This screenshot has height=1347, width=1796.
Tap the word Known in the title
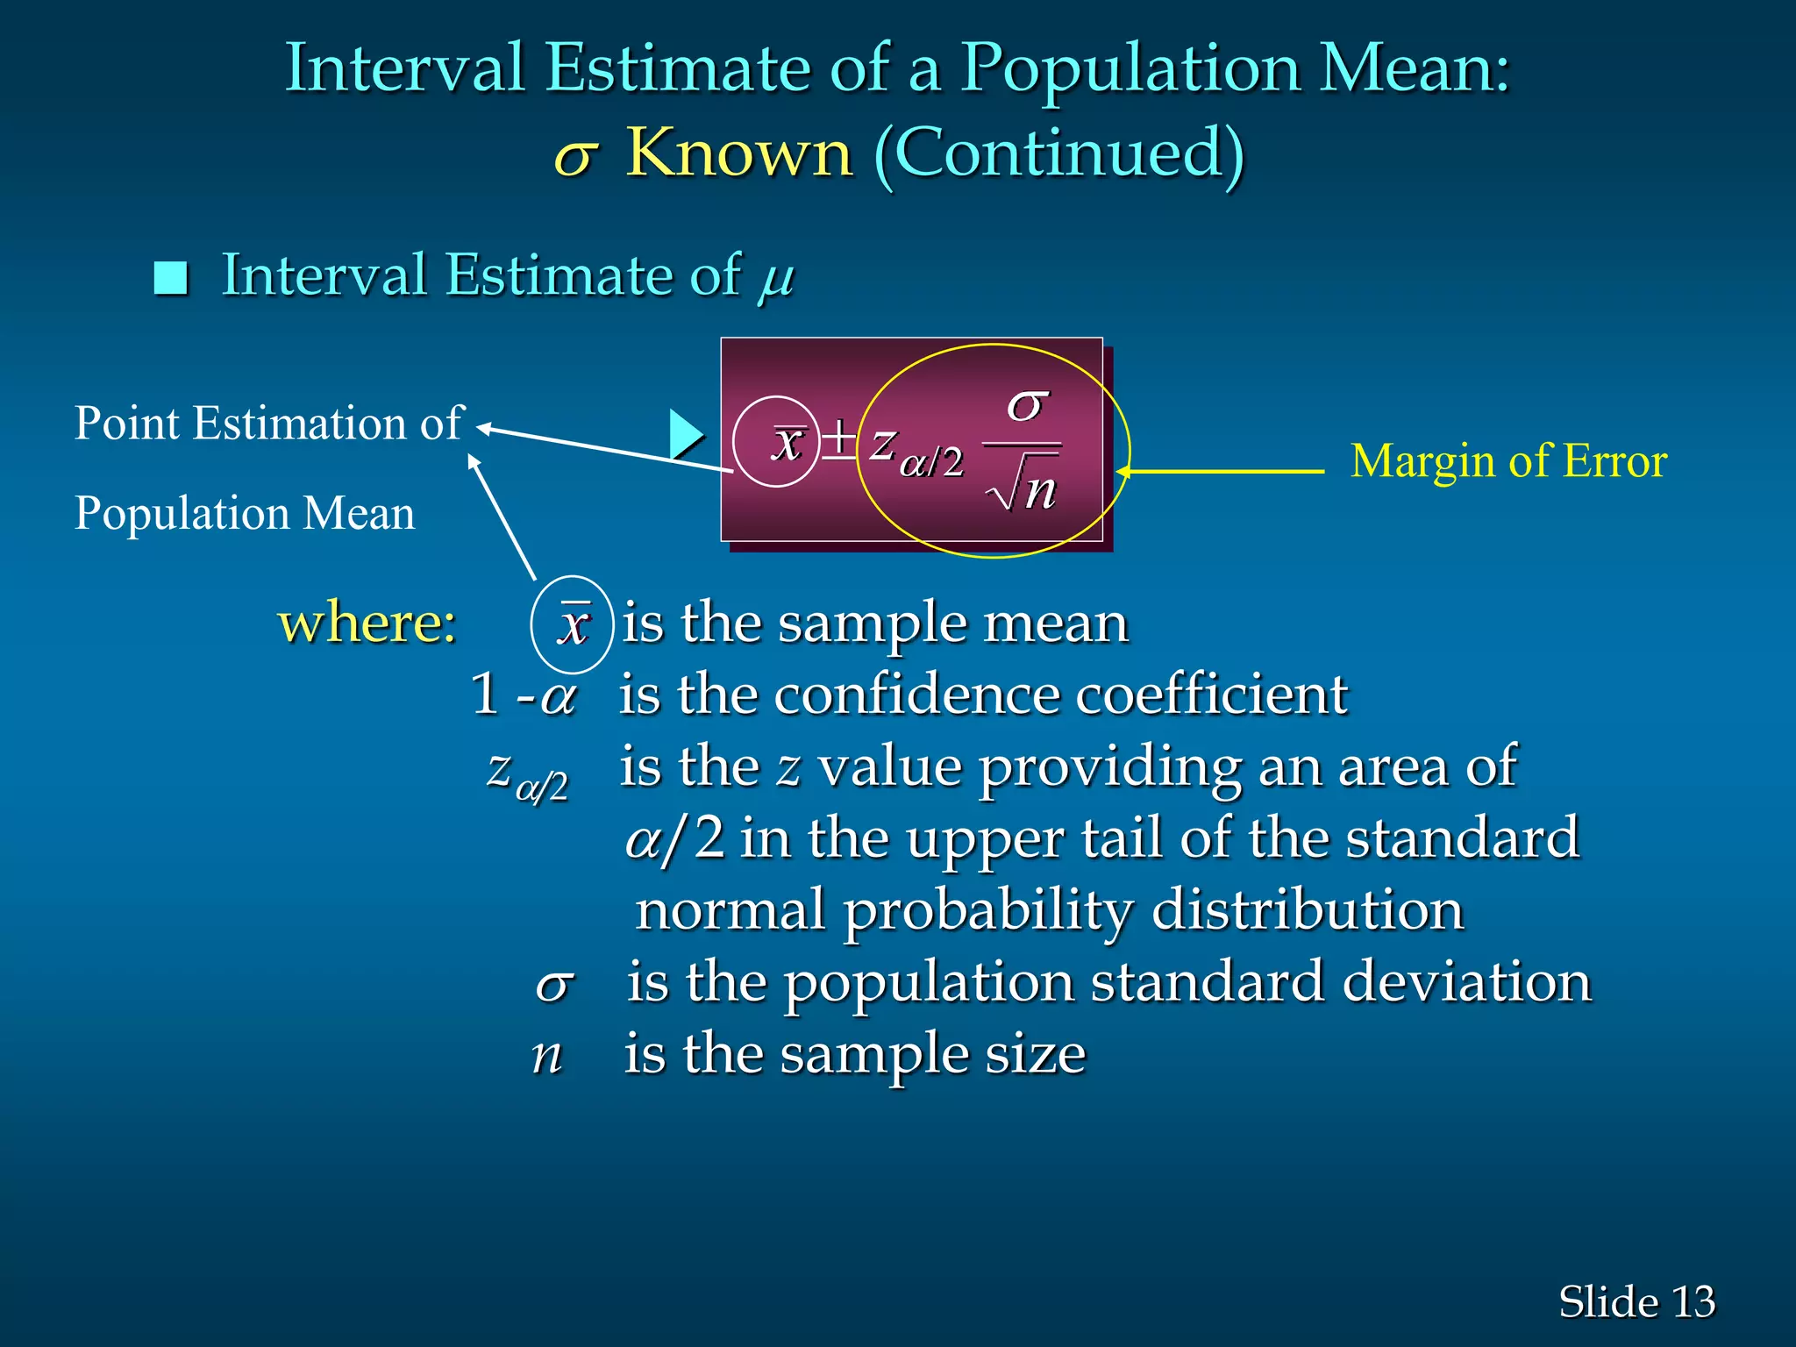[738, 153]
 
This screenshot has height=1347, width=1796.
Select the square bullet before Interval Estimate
[171, 278]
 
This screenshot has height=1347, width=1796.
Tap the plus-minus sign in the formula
[838, 440]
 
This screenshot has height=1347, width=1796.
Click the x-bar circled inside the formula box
[787, 442]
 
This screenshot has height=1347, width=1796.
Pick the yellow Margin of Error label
[1508, 461]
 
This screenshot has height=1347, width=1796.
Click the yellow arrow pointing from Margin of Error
[1219, 472]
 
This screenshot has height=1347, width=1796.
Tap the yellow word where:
[367, 623]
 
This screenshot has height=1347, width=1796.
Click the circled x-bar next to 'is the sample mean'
[573, 624]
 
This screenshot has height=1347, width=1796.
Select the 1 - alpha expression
[524, 695]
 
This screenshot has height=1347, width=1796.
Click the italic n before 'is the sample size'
[546, 1055]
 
